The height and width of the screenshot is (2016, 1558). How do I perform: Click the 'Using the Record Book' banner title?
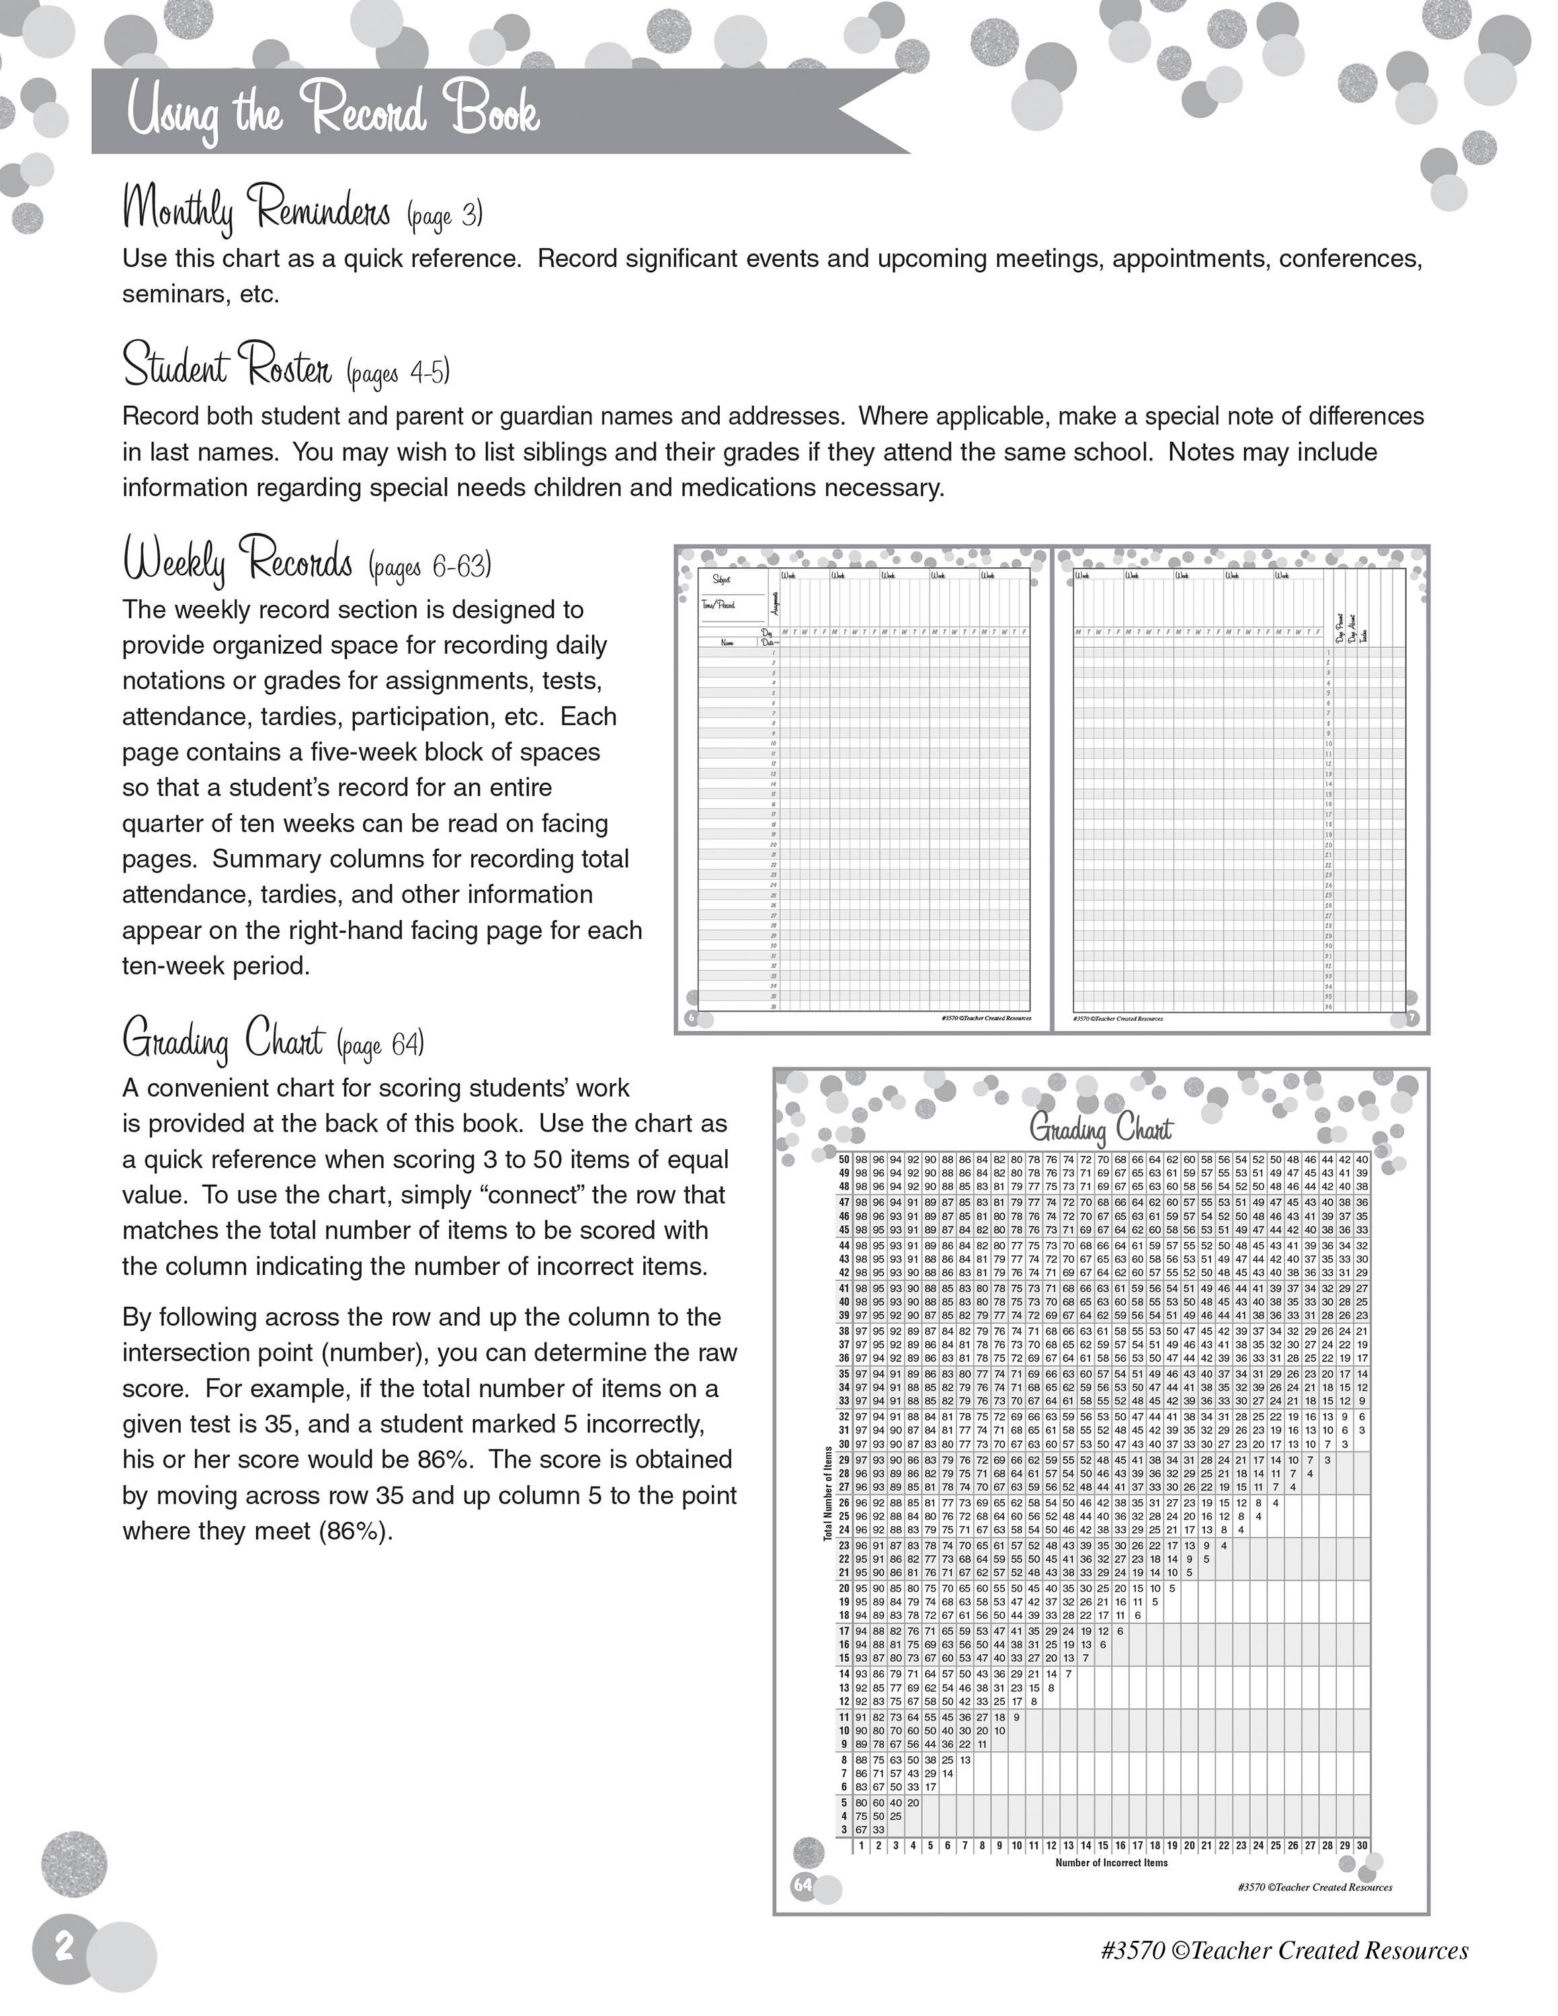[x=332, y=113]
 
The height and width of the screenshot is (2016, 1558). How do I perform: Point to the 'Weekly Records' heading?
[x=238, y=560]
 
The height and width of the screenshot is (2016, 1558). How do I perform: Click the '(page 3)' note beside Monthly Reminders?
[x=445, y=214]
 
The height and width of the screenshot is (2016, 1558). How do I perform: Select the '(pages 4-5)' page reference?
[x=399, y=372]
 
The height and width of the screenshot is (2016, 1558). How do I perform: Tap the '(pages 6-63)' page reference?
[x=430, y=565]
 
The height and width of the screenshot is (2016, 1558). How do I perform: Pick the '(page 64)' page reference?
[x=380, y=1045]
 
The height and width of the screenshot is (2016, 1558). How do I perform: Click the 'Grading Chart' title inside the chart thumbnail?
[x=1100, y=1129]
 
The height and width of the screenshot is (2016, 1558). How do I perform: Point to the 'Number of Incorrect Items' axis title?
[x=1111, y=1863]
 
